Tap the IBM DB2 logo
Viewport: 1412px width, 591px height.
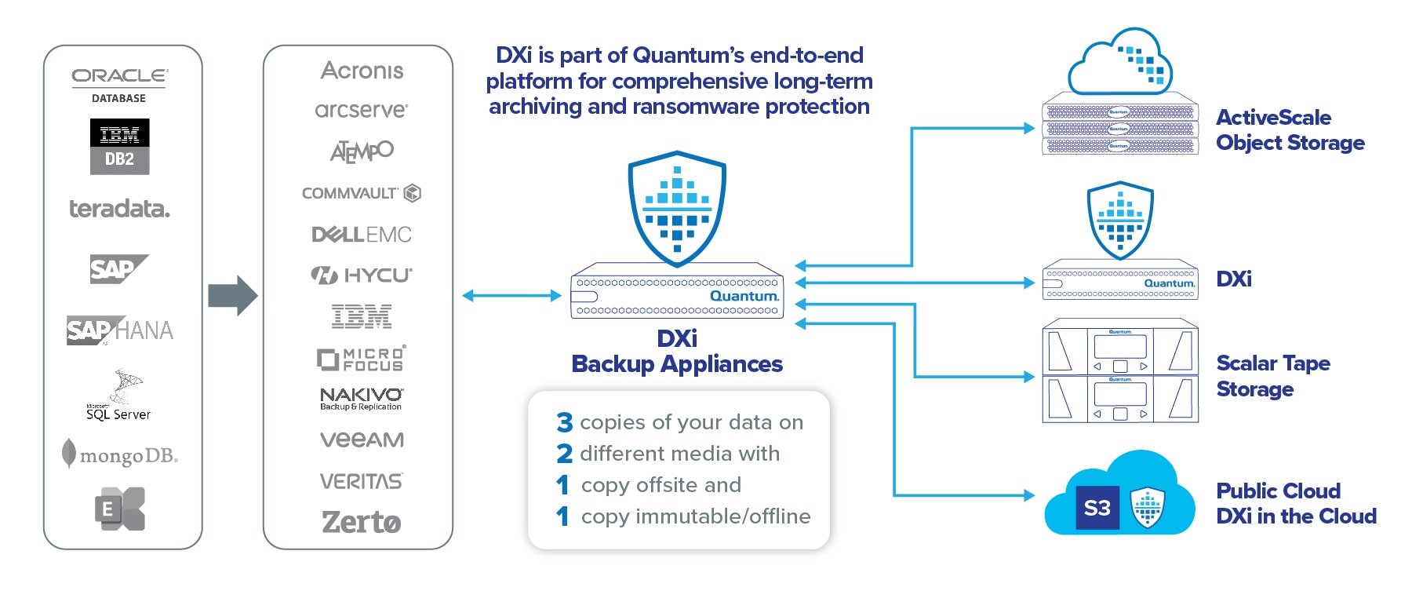(119, 147)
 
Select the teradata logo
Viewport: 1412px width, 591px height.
(119, 209)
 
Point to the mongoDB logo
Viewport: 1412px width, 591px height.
(120, 455)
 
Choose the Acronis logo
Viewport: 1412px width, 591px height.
(362, 71)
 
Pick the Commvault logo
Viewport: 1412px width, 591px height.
(361, 193)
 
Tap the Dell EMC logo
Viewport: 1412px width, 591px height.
(361, 235)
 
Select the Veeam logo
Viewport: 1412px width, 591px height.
(362, 440)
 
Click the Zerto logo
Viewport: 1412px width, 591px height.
(361, 522)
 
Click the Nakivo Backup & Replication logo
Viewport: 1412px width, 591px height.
(361, 399)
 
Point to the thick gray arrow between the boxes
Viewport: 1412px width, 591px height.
(232, 296)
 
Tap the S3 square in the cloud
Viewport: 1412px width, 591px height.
(1097, 508)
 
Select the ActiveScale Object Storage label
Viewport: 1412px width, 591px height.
(1290, 130)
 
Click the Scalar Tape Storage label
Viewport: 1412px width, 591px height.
(1272, 376)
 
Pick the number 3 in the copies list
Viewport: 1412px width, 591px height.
(565, 422)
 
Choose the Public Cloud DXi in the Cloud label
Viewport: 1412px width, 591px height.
(1296, 503)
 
